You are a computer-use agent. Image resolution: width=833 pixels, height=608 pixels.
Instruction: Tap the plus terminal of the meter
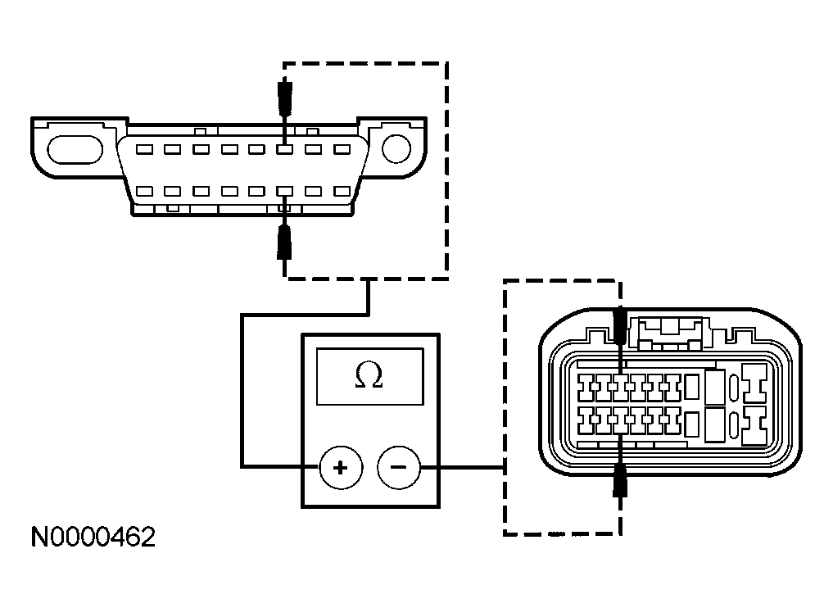(x=340, y=468)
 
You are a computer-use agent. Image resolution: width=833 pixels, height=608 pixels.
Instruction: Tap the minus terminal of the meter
(x=399, y=468)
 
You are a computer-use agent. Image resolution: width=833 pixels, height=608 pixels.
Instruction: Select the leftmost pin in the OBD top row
(x=143, y=150)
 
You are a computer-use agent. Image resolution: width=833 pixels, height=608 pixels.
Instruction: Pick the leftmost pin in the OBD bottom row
(x=143, y=191)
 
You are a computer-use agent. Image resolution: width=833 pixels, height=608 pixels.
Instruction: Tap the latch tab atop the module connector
(x=671, y=331)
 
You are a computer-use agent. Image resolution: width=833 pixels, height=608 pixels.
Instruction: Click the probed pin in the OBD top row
(x=284, y=150)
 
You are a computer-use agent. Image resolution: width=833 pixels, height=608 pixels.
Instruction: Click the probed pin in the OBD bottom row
(x=284, y=191)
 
